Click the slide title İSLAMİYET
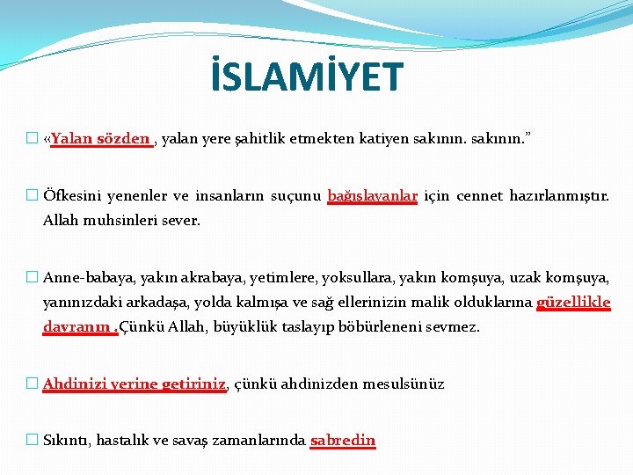tap(307, 77)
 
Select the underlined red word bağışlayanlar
tap(372, 196)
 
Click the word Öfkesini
tap(72, 196)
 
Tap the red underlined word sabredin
tap(343, 440)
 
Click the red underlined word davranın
tap(77, 327)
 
